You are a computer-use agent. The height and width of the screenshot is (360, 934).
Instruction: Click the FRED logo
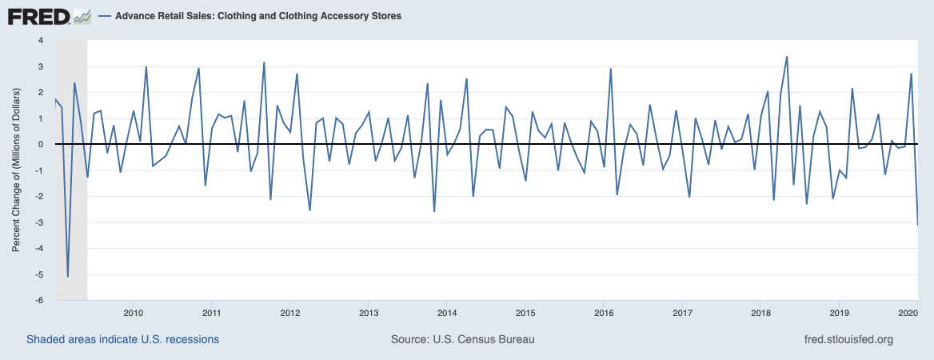coord(48,15)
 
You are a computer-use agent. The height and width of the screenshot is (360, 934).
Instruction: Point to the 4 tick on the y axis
coord(40,40)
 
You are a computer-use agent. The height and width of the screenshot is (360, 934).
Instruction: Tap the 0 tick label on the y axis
coord(40,145)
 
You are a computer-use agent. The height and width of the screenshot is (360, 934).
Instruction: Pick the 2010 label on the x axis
coord(133,312)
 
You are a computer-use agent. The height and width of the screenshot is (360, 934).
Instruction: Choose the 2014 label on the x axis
coord(447,312)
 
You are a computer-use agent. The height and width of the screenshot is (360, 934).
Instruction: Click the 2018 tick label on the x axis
coord(760,312)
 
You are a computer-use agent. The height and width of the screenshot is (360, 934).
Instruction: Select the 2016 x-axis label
coord(604,312)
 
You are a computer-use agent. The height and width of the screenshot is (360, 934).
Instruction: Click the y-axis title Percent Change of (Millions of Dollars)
coord(16,170)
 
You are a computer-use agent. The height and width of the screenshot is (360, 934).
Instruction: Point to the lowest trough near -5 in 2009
coord(68,276)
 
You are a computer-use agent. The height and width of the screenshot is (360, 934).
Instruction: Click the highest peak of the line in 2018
coord(787,57)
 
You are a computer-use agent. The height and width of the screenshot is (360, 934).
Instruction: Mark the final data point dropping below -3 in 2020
coord(917,225)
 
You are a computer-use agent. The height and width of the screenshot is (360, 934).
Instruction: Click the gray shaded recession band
coord(70,200)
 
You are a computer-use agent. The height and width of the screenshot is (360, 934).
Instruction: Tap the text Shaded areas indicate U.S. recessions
coord(122,339)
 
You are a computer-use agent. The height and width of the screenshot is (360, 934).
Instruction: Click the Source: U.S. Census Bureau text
coord(462,339)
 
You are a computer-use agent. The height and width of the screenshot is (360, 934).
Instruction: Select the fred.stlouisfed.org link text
coord(848,339)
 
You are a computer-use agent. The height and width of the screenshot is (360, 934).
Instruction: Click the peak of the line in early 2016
coord(611,69)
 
